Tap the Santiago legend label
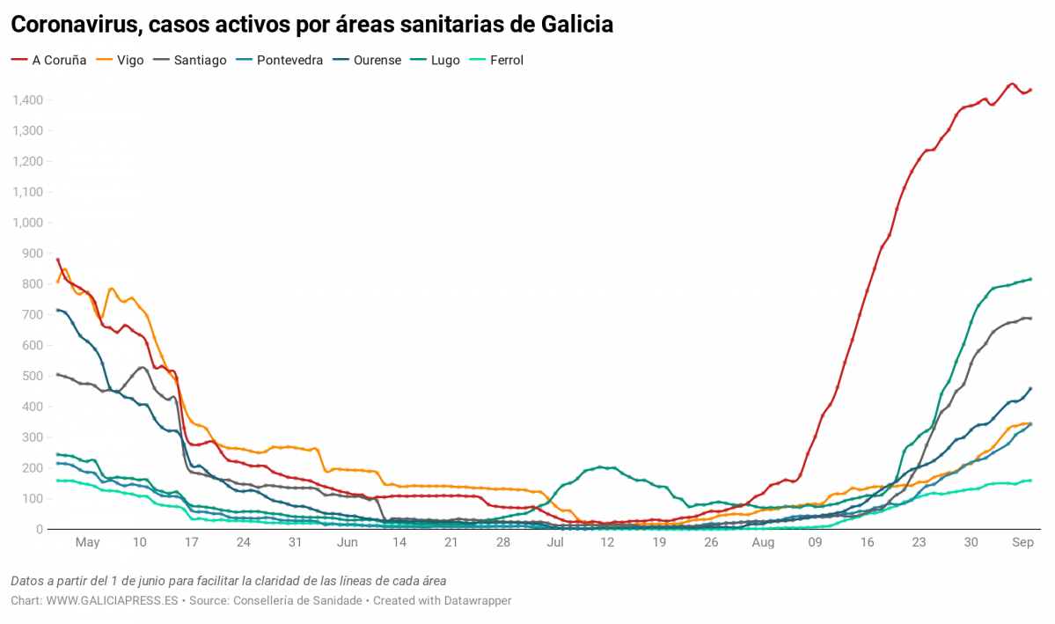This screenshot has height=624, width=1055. pyautogui.click(x=199, y=60)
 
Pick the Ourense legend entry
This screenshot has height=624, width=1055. pyautogui.click(x=377, y=60)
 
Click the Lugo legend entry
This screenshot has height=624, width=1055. pyautogui.click(x=444, y=60)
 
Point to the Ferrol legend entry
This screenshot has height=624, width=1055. pyautogui.click(x=505, y=60)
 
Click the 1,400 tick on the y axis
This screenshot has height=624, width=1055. pyautogui.click(x=28, y=100)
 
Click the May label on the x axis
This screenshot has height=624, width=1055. pyautogui.click(x=87, y=543)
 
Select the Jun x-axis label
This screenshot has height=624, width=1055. pyautogui.click(x=347, y=543)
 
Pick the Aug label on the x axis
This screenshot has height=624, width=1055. pyautogui.click(x=763, y=543)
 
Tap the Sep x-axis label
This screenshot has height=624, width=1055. pyautogui.click(x=1022, y=543)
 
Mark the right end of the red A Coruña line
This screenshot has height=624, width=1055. pyautogui.click(x=1030, y=89)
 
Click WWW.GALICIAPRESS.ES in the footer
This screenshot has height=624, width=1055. pyautogui.click(x=113, y=600)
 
